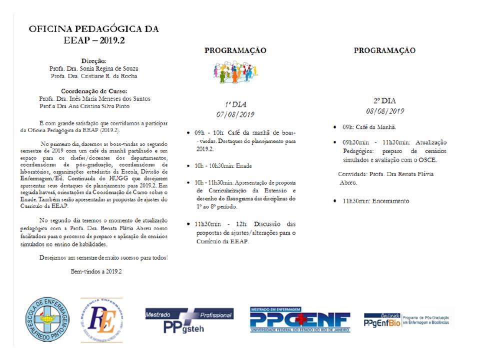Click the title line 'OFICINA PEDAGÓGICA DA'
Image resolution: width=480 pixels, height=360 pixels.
click(93, 28)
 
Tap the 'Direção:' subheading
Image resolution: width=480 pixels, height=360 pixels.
click(93, 60)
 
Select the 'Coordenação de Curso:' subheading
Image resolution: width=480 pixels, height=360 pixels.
click(94, 91)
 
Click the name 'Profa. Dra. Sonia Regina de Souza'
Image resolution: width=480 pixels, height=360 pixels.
click(94, 68)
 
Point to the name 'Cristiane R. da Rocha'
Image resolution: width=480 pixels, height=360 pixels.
click(112, 76)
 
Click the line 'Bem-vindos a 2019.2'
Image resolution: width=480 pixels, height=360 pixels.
click(96, 271)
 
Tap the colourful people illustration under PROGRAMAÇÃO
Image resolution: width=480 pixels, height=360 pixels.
click(235, 72)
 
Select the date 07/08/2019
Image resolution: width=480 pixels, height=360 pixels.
click(235, 114)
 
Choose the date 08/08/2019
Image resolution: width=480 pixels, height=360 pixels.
click(384, 111)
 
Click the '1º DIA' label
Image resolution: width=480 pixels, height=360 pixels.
click(235, 104)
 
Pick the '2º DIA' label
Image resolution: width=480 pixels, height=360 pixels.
click(384, 100)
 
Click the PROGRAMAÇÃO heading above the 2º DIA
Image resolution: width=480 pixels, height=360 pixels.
click(384, 50)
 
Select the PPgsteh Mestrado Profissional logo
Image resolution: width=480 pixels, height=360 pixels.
click(189, 320)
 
